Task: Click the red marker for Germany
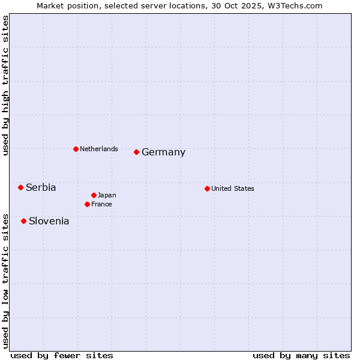click(x=137, y=152)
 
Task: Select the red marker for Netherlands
click(x=76, y=149)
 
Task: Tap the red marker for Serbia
click(x=20, y=187)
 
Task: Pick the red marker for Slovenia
click(x=23, y=221)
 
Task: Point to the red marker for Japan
click(x=94, y=195)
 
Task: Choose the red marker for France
click(x=87, y=204)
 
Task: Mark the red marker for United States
click(x=207, y=188)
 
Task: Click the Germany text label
click(x=163, y=152)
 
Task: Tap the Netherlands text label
click(x=99, y=149)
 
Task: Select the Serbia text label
click(x=41, y=187)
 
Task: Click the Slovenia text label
click(x=49, y=221)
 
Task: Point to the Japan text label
click(x=107, y=195)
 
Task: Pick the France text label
click(x=101, y=204)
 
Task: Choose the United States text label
click(x=233, y=188)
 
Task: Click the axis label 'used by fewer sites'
click(x=62, y=355)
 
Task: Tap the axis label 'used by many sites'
click(x=301, y=355)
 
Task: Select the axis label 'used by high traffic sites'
click(x=5, y=86)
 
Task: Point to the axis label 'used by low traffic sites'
click(x=5, y=281)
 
